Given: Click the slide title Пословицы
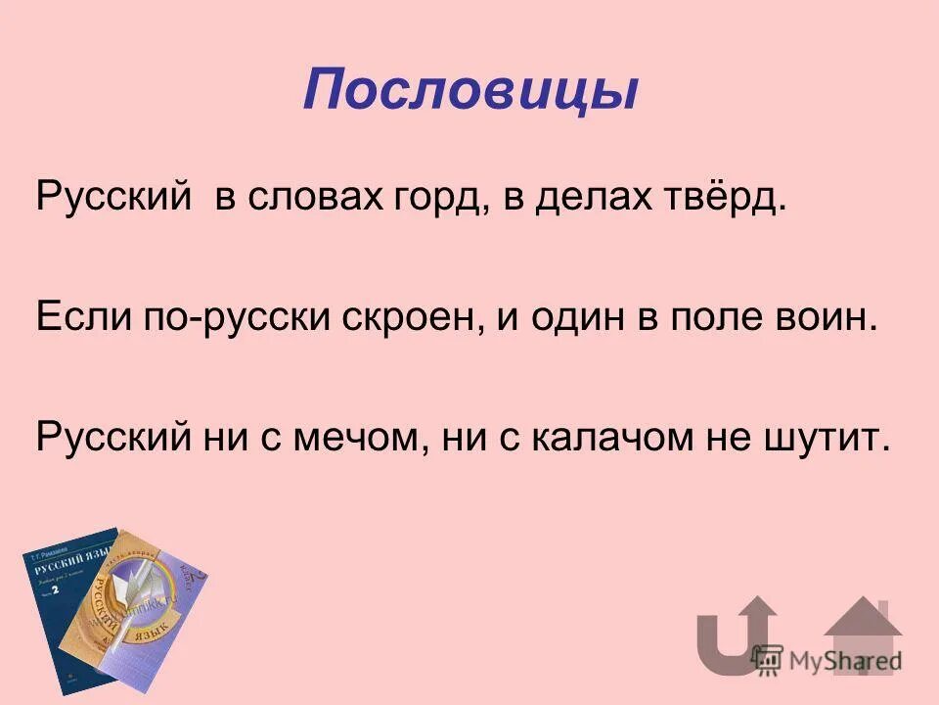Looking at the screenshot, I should tap(469, 91).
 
